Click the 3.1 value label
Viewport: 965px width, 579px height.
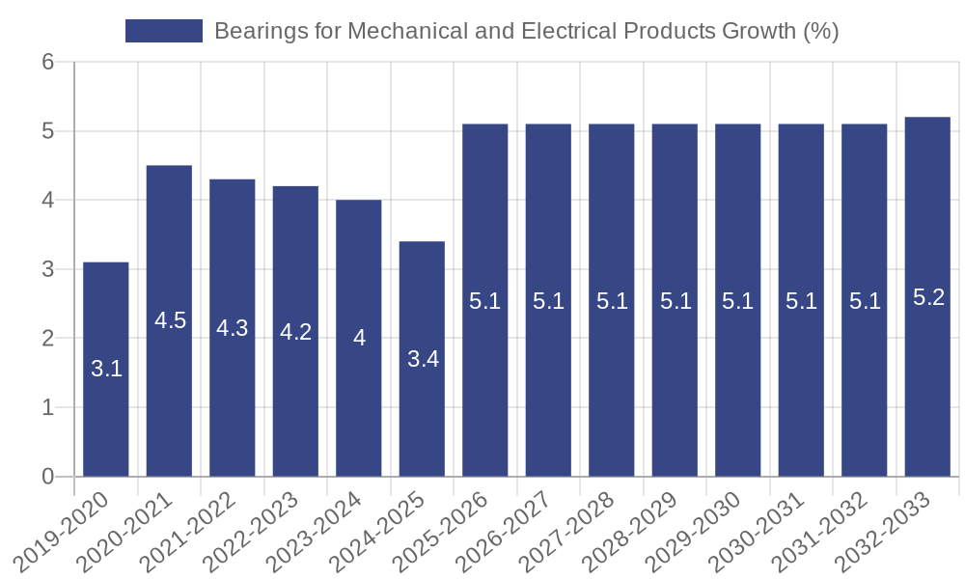click(x=106, y=369)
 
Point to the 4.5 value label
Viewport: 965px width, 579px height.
click(x=170, y=320)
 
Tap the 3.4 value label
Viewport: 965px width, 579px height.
click(x=423, y=359)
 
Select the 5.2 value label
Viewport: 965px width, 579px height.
click(x=928, y=297)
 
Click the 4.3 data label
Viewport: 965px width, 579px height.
click(x=233, y=328)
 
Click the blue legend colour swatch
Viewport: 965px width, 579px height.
click(x=164, y=31)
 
